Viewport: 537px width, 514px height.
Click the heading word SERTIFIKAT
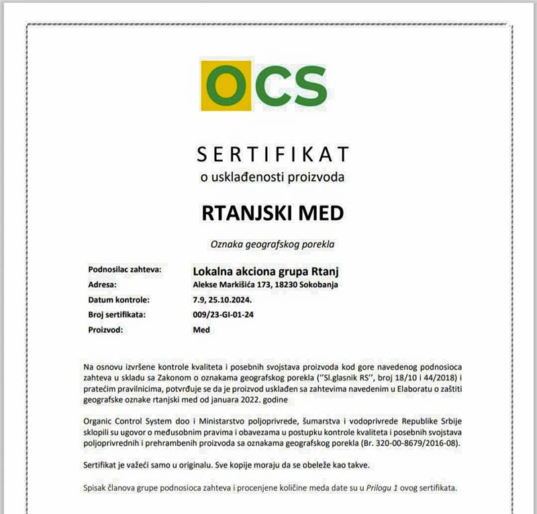coord(273,155)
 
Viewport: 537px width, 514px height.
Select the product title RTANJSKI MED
coord(273,213)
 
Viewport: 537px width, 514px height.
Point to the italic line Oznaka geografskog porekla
coord(273,245)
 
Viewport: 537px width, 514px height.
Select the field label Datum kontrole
coord(119,300)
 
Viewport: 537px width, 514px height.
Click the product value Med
coord(201,329)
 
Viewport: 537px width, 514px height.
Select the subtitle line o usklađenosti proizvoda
coord(273,177)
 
